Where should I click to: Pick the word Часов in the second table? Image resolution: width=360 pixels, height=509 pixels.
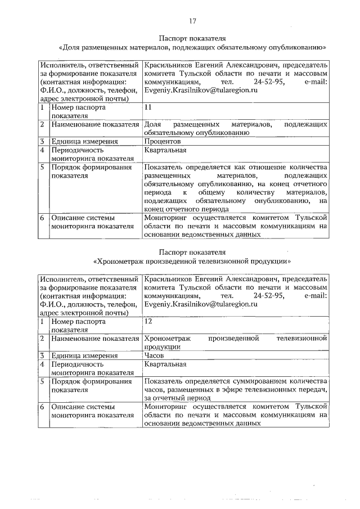pos(155,355)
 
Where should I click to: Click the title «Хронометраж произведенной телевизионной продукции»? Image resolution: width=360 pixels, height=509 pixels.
pos(192,261)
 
